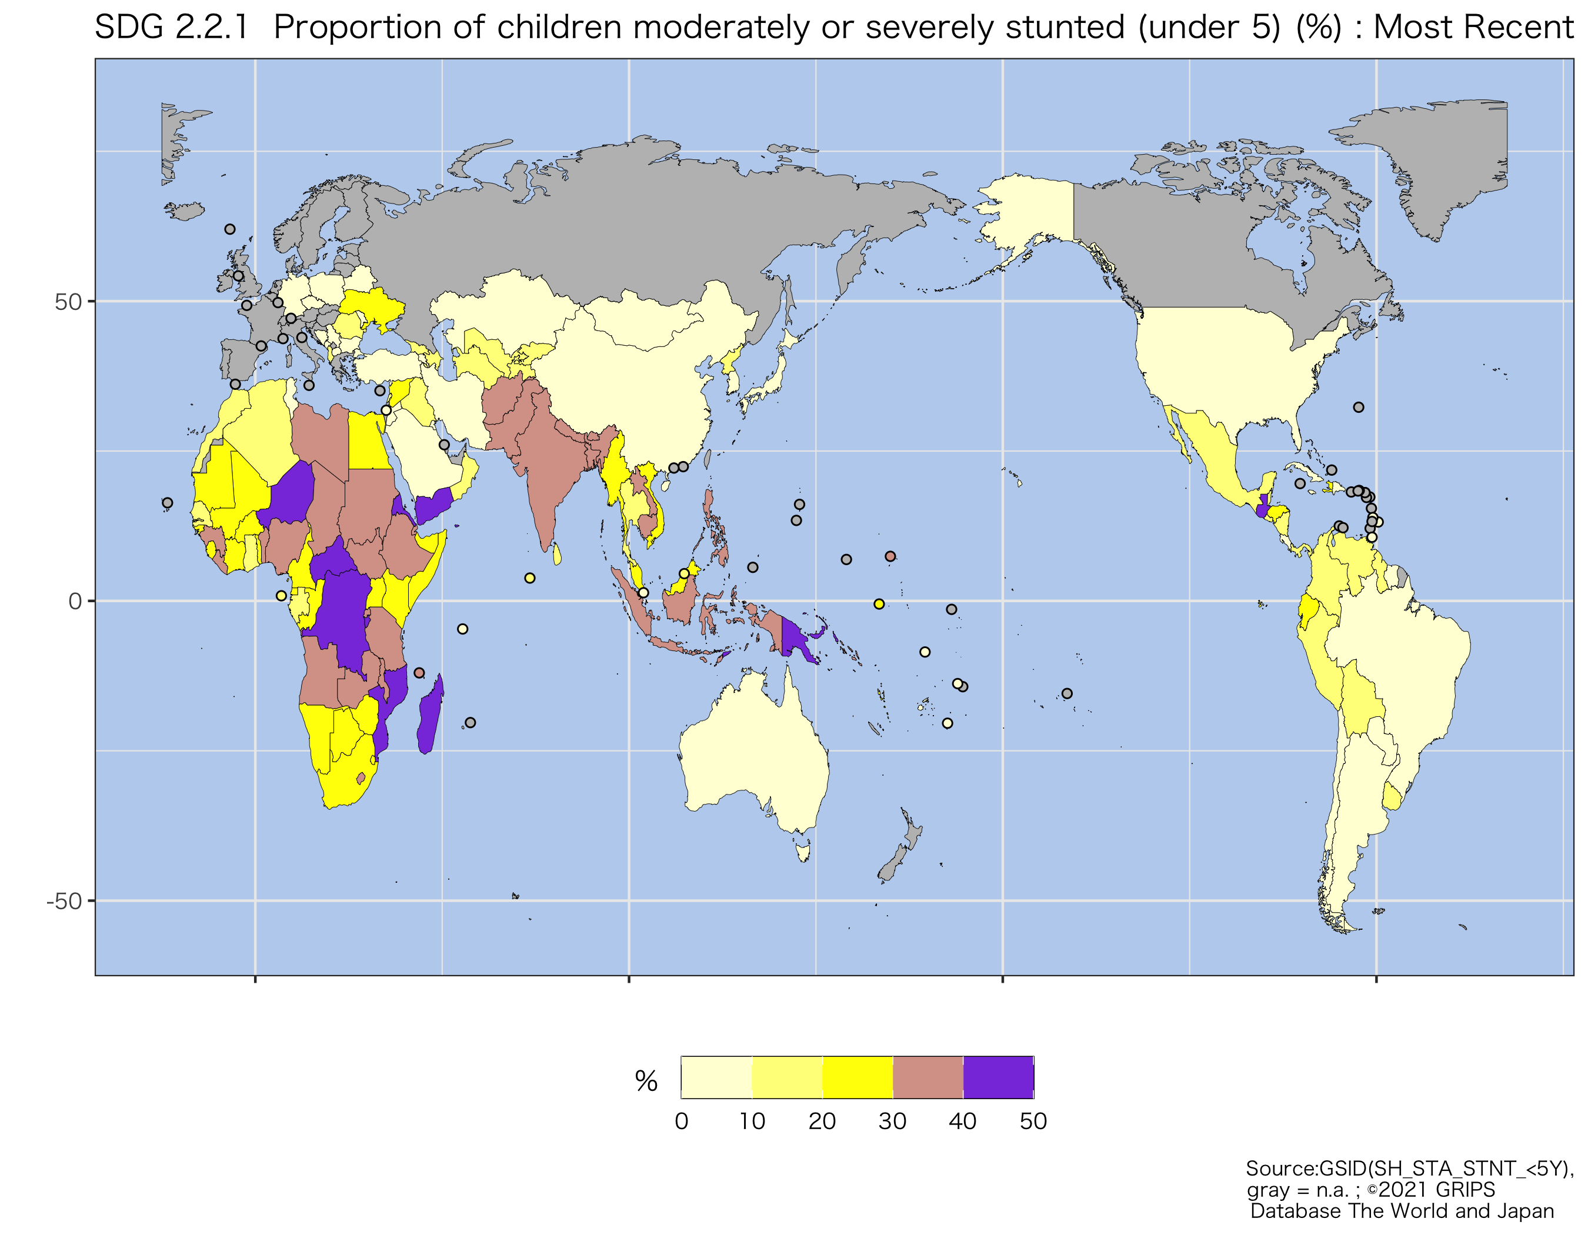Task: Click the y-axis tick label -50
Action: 64,902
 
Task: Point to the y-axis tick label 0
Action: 75,602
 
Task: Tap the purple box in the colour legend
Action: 997,1077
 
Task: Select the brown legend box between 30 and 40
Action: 927,1077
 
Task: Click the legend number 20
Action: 822,1121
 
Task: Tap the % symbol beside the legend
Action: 646,1081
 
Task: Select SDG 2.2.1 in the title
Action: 172,28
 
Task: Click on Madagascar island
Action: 431,716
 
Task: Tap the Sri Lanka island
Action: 557,555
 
